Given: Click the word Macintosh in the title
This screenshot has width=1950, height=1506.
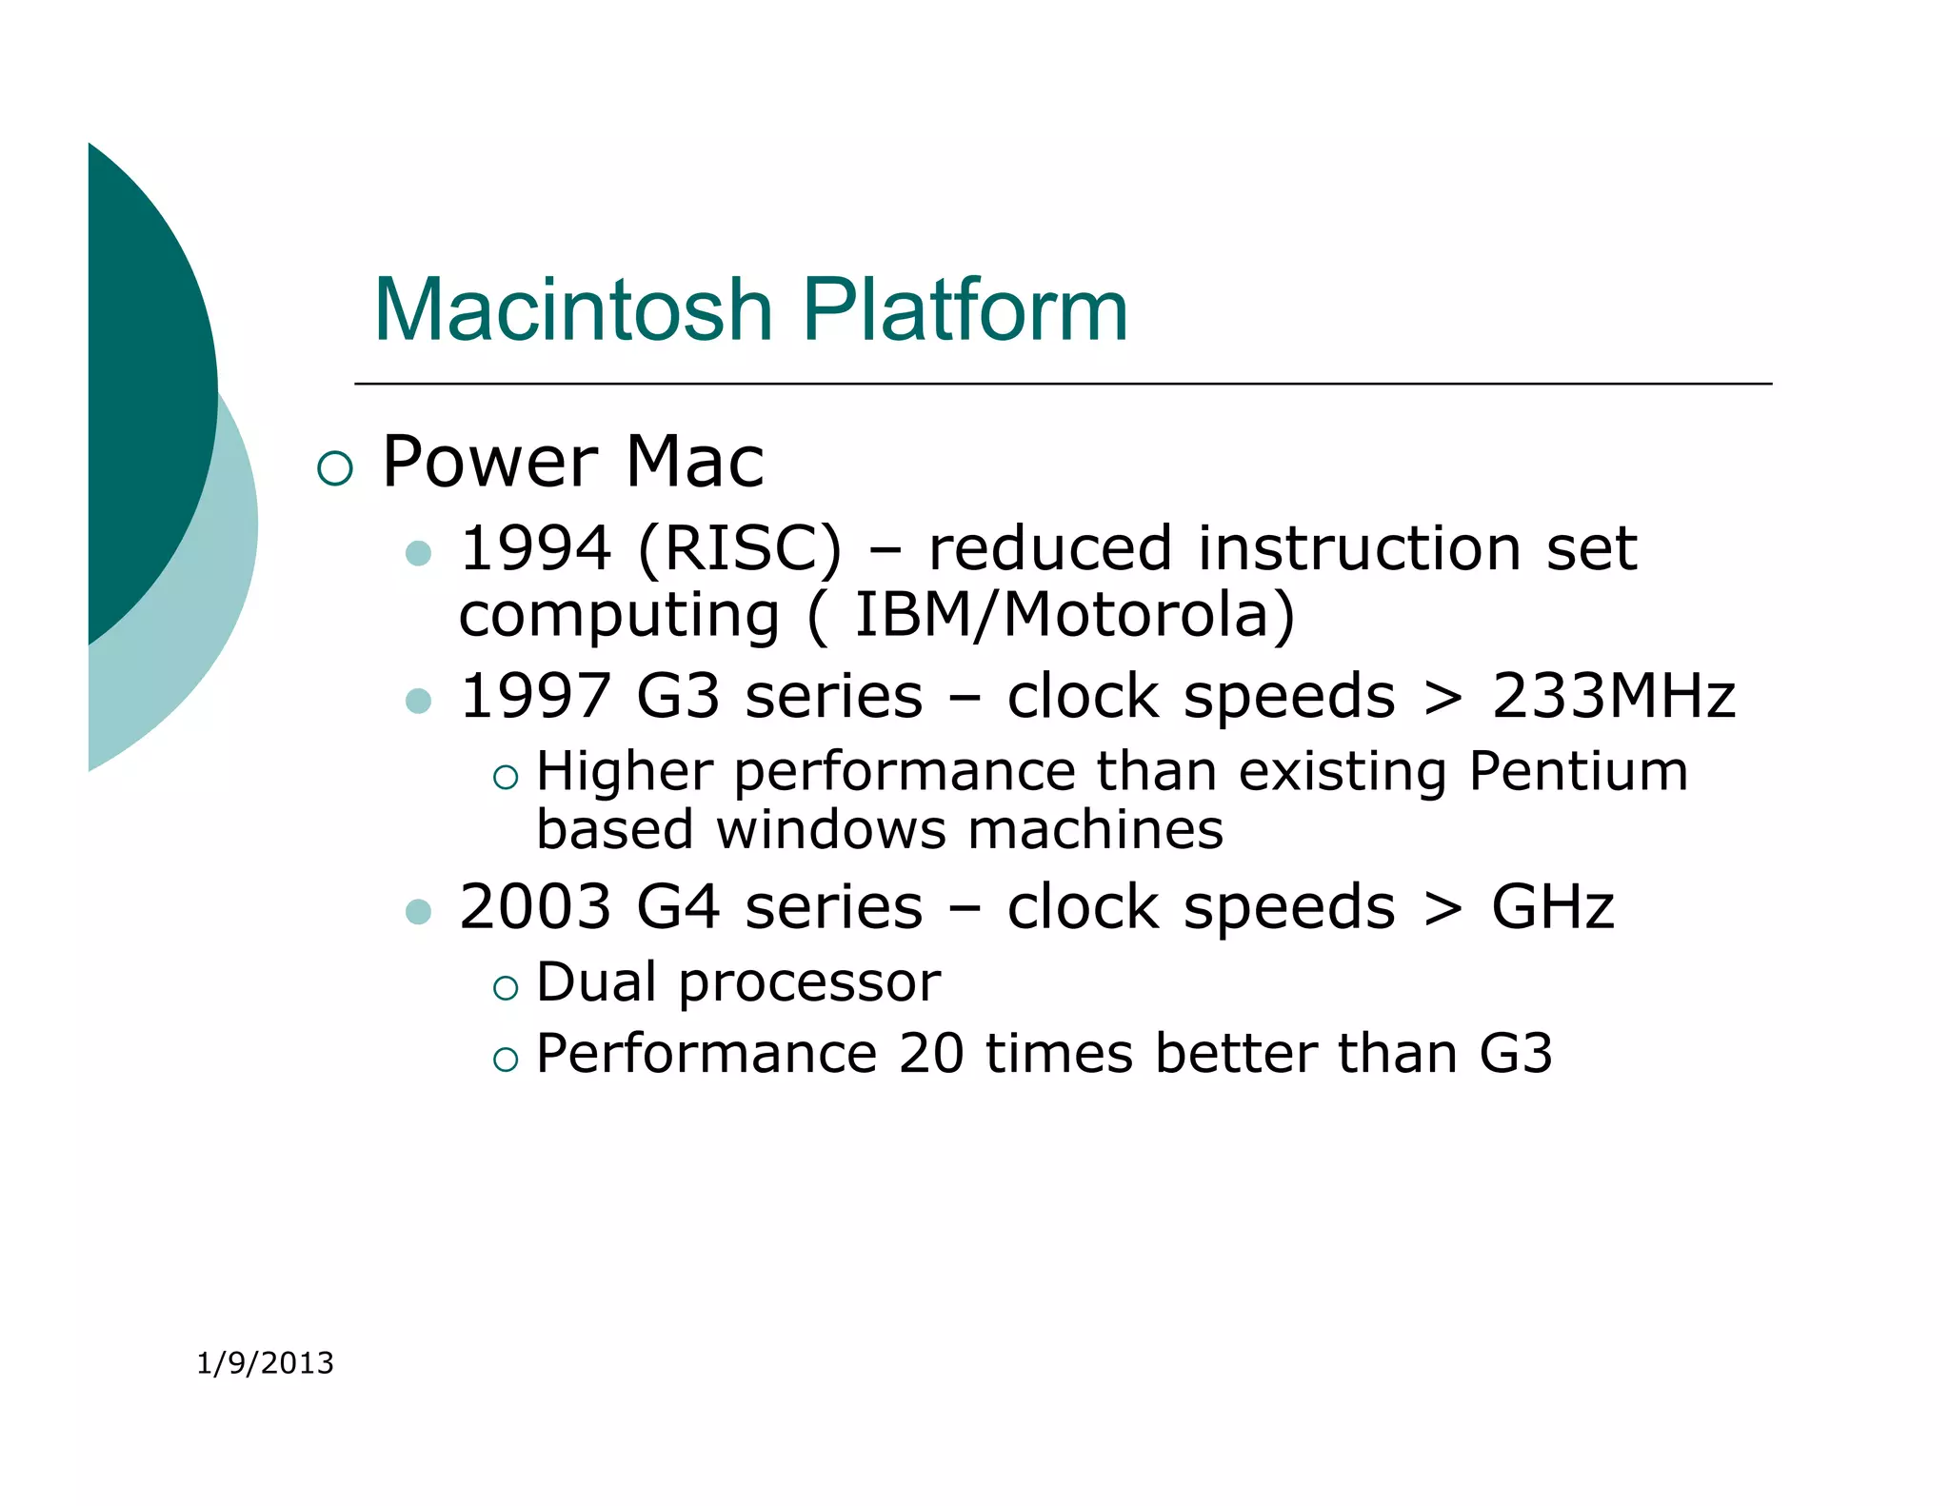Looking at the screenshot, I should (x=572, y=309).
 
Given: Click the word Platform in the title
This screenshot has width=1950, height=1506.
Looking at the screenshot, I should (x=965, y=309).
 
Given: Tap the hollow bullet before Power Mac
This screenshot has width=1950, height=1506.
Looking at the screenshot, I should (x=335, y=468).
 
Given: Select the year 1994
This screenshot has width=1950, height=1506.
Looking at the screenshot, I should (x=535, y=549).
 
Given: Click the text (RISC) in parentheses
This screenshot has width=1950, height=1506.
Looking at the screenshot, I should (x=740, y=549).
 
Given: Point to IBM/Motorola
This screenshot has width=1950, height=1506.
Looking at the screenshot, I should (x=1073, y=615).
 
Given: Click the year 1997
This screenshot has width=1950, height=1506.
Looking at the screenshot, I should (x=535, y=696).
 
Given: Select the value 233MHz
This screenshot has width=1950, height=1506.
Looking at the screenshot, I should (x=1613, y=696).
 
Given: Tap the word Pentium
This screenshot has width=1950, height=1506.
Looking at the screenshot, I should (x=1578, y=771).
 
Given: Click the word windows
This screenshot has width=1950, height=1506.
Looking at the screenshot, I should (x=830, y=829).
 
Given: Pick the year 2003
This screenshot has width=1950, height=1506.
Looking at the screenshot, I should (x=535, y=906).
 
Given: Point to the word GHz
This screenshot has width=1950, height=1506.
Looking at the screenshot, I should (x=1552, y=906).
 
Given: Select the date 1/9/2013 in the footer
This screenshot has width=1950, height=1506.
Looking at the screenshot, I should (x=265, y=1363).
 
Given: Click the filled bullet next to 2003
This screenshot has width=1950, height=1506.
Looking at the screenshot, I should (x=418, y=912).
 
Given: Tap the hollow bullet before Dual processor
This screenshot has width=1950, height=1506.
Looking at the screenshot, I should (x=506, y=988).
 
